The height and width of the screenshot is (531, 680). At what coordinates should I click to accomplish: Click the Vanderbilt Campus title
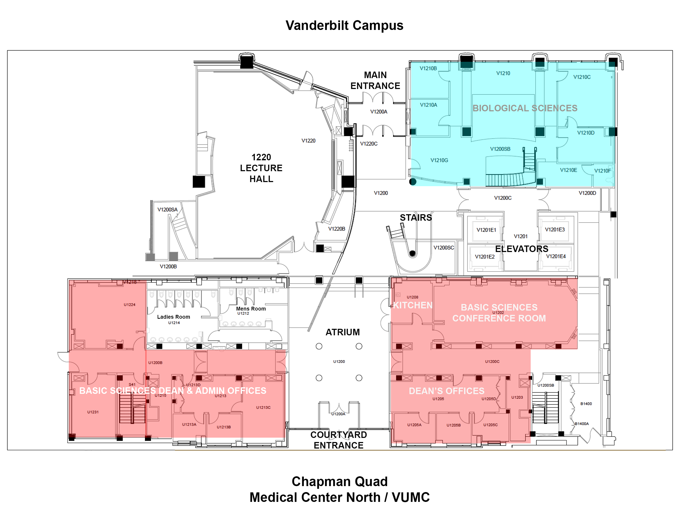(x=344, y=26)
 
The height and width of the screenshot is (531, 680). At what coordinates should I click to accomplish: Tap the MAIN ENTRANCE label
(x=375, y=80)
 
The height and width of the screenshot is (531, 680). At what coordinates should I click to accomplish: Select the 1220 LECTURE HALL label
(x=261, y=168)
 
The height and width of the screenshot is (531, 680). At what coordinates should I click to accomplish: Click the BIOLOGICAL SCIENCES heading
(x=525, y=108)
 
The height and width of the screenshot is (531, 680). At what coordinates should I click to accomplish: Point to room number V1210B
(x=428, y=69)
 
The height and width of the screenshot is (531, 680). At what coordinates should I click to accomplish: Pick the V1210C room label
(x=582, y=77)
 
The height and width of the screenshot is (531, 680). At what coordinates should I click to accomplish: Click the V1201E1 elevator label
(x=486, y=230)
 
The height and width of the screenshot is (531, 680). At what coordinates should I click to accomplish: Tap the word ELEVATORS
(x=521, y=249)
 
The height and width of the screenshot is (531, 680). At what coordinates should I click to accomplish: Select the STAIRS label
(x=416, y=217)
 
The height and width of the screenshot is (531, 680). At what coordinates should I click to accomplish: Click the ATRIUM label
(x=342, y=332)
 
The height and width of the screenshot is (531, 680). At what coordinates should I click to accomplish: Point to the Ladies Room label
(x=174, y=317)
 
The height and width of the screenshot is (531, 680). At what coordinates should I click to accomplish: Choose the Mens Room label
(x=251, y=309)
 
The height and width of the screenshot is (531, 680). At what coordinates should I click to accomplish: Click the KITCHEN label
(x=413, y=305)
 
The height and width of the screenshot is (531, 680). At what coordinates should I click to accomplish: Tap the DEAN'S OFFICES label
(x=446, y=391)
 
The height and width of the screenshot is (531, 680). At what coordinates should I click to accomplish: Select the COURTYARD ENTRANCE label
(x=338, y=440)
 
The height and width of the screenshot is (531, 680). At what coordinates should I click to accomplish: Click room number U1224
(x=129, y=305)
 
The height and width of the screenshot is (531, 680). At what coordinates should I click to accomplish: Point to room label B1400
(x=586, y=404)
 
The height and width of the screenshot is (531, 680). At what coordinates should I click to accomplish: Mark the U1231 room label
(x=93, y=412)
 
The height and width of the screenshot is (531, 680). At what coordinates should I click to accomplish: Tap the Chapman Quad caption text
(x=339, y=482)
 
